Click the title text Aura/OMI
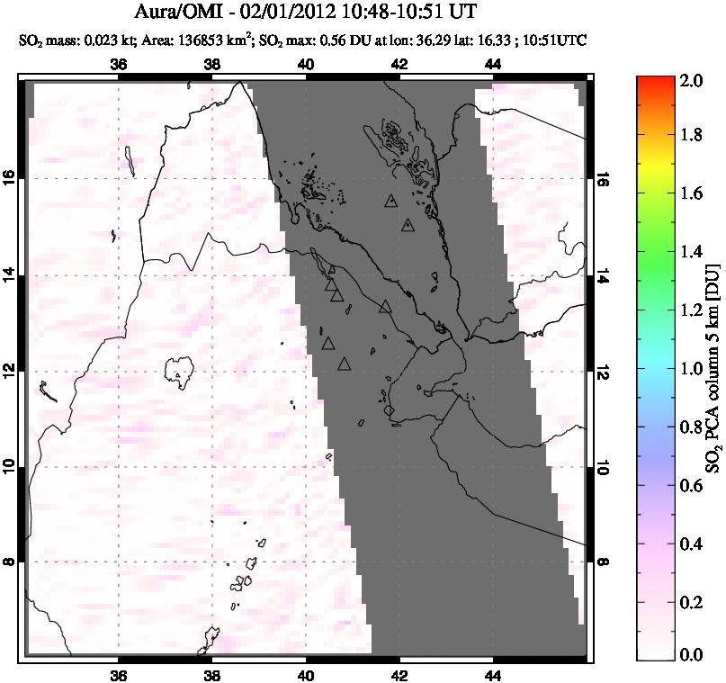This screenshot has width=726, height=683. coord(185,13)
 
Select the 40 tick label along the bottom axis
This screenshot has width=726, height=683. coord(306,677)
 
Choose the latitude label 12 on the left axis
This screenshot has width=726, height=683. coord(12,371)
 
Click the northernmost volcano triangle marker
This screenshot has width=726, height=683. coord(390,202)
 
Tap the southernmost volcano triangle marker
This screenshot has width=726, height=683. coord(344,364)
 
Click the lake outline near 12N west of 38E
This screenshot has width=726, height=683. coord(181,368)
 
